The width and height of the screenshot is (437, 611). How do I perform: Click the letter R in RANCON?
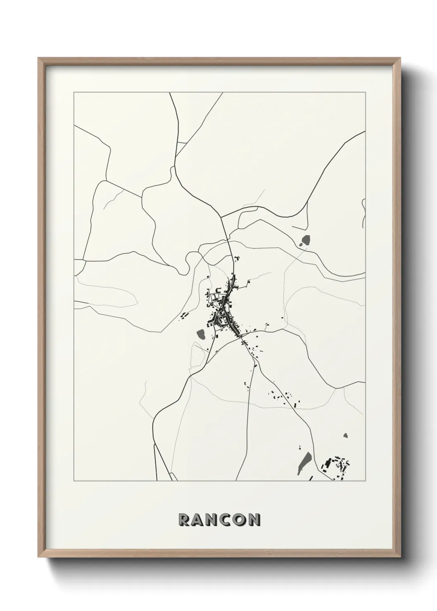(183, 519)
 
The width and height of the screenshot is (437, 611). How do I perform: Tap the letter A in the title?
(197, 519)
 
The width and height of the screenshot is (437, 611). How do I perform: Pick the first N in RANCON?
(212, 519)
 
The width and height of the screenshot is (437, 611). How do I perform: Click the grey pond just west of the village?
(202, 334)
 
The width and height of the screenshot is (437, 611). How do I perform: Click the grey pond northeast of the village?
(306, 240)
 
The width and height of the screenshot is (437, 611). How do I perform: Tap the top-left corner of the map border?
(74, 92)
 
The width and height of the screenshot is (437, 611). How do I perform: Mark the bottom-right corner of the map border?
(365, 481)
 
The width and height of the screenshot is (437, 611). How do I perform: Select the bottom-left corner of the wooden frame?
(38, 557)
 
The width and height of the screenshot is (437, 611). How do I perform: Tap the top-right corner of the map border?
(365, 92)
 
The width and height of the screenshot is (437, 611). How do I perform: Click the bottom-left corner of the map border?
(74, 481)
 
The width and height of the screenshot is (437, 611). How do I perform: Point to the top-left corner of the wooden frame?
(38, 58)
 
